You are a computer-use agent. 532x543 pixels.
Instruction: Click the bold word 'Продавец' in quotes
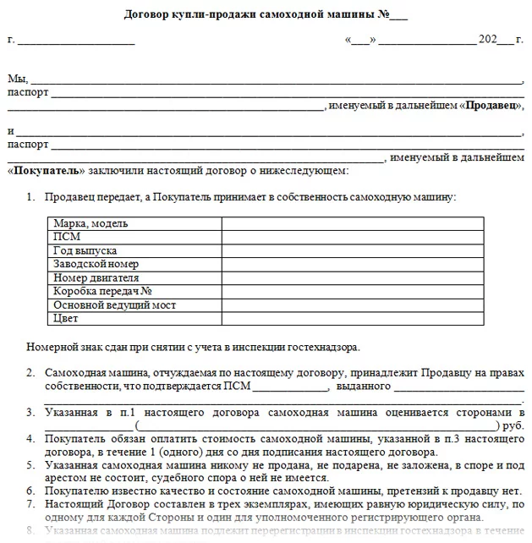tap(491, 106)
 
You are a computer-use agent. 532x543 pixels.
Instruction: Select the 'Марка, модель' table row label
tap(90, 224)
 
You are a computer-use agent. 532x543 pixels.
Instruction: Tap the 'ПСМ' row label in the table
tap(67, 238)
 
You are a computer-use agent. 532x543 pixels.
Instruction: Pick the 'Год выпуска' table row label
tap(85, 251)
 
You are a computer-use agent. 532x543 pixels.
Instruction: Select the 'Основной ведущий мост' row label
tap(114, 305)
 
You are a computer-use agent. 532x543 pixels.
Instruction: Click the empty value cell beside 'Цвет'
tap(353, 319)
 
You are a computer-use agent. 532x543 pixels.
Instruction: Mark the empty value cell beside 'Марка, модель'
tap(353, 224)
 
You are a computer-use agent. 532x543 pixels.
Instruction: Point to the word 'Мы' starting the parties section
tap(15, 79)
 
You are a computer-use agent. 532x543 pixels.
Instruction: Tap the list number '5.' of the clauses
tap(30, 464)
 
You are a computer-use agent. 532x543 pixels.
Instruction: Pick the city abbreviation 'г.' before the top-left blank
tap(10, 40)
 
